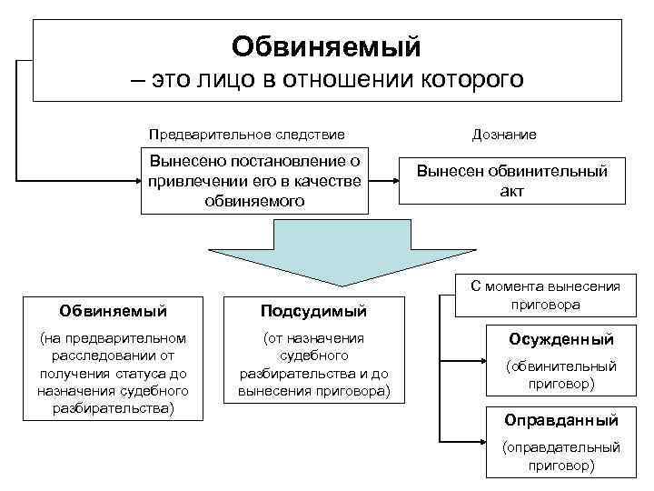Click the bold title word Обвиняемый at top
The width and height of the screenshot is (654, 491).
click(x=326, y=44)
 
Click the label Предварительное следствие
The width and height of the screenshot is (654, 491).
click(x=247, y=135)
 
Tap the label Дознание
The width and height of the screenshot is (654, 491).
click(x=504, y=135)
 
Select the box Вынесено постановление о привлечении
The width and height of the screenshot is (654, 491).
click(x=254, y=180)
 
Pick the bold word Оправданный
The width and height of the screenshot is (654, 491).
click(x=560, y=420)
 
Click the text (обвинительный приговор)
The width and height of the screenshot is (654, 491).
click(x=560, y=375)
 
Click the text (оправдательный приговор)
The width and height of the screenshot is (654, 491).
click(x=560, y=456)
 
